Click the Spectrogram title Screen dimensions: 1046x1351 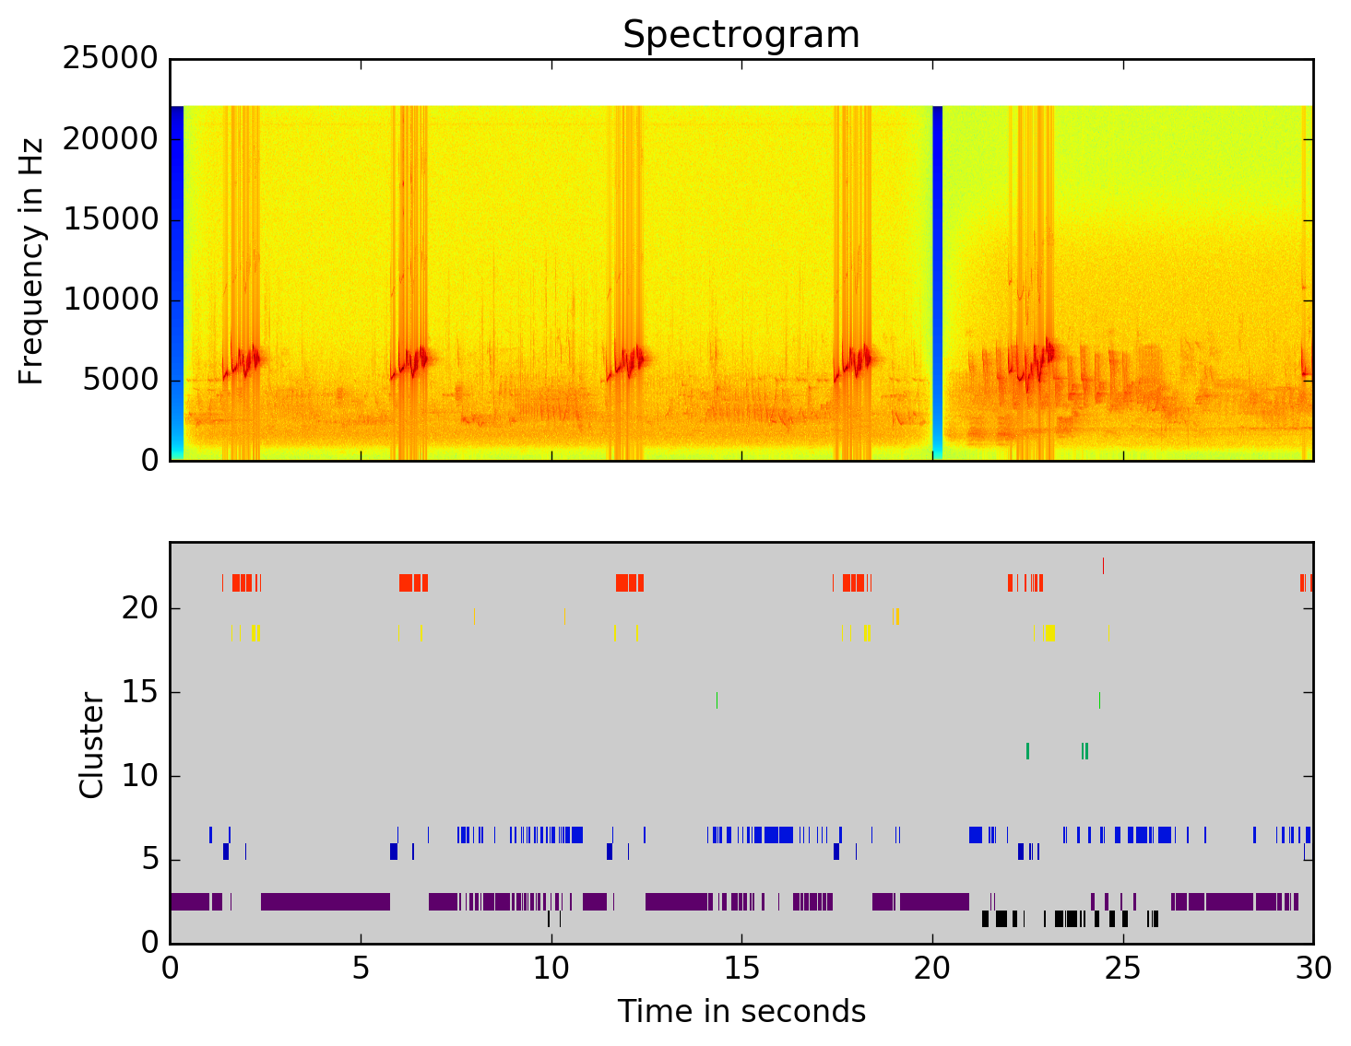click(x=741, y=35)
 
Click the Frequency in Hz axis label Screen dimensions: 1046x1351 click(x=31, y=261)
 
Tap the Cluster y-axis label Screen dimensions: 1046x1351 click(x=91, y=745)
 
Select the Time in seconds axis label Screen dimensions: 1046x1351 click(x=741, y=1012)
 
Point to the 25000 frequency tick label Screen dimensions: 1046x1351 click(x=111, y=59)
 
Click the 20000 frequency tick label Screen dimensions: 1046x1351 click(x=111, y=139)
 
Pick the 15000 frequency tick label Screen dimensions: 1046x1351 click(x=111, y=219)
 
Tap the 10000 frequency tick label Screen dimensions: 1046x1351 click(x=111, y=300)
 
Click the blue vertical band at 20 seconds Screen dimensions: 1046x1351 click(x=937, y=276)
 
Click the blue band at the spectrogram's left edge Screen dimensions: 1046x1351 click(x=176, y=276)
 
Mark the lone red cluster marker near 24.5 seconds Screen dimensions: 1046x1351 click(x=1103, y=566)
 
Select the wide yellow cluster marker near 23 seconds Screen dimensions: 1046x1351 click(x=1049, y=632)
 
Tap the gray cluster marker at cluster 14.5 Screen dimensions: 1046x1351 click(x=717, y=700)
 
